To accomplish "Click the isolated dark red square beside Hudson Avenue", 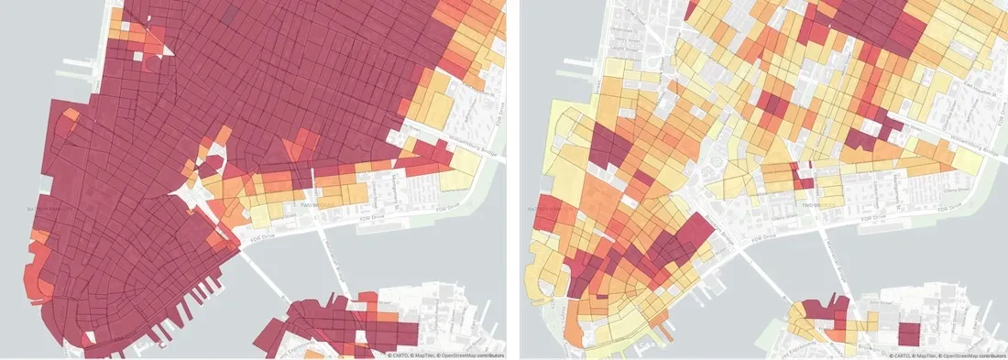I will click(x=908, y=333).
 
